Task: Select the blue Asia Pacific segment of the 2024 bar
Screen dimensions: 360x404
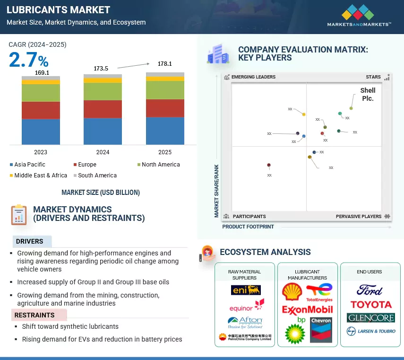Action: (103, 131)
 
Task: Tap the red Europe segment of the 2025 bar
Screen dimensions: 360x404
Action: (165, 108)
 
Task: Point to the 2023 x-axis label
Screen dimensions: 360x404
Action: (41, 152)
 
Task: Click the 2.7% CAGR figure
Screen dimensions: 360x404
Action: (28, 60)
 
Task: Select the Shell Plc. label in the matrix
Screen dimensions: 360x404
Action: (368, 94)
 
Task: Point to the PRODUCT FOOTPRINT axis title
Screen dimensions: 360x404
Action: (248, 227)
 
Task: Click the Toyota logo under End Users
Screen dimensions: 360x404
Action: (371, 305)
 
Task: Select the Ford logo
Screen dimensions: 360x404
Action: (370, 290)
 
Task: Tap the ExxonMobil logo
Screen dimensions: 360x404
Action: (307, 310)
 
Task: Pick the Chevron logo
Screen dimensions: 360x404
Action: (321, 330)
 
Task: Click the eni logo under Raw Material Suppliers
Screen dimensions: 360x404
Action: (246, 290)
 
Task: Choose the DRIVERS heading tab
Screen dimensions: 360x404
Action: (30, 241)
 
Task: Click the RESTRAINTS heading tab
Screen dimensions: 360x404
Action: (34, 315)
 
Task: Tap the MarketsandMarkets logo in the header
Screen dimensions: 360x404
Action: (359, 16)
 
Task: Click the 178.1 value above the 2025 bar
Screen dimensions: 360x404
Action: (165, 63)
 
